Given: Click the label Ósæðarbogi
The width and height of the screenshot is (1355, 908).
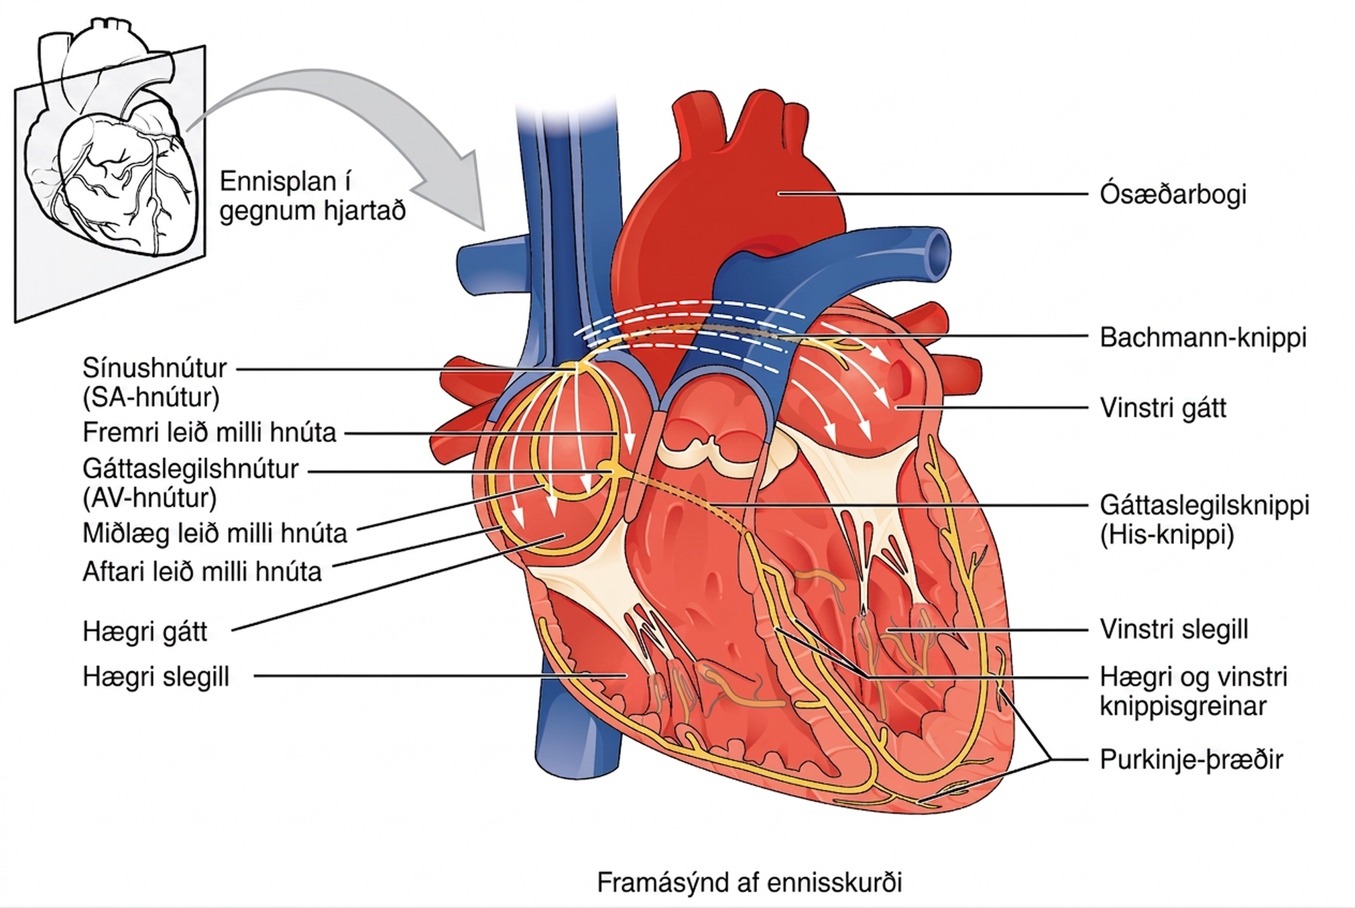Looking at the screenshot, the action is (x=1173, y=194).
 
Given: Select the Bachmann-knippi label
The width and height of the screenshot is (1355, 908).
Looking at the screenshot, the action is (x=1203, y=337).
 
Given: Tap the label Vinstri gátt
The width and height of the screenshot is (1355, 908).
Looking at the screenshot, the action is (x=1163, y=408).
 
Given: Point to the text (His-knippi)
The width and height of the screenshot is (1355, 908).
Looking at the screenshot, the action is (x=1167, y=534).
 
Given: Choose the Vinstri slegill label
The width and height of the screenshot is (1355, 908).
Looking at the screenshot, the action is (x=1174, y=629).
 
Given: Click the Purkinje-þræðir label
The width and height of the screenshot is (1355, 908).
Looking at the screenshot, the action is (x=1191, y=760).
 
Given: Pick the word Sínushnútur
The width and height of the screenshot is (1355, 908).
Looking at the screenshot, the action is (x=155, y=368).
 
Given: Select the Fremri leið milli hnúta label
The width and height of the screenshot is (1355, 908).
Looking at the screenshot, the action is (x=209, y=433).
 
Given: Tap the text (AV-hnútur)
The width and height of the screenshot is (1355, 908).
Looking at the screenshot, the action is (x=150, y=498).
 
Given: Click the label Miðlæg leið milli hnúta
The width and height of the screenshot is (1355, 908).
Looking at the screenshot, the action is (x=215, y=533).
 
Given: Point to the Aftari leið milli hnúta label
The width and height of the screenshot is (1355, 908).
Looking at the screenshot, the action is (x=202, y=571).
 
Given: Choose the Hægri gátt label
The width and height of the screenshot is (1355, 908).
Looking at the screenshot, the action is (x=145, y=631).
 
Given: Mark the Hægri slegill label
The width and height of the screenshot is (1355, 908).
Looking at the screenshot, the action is (x=156, y=677).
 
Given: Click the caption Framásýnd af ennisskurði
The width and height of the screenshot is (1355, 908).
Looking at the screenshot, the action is (x=749, y=882).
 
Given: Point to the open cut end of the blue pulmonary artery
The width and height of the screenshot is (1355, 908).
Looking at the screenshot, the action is (x=937, y=253).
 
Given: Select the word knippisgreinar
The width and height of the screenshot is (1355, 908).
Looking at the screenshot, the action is (x=1183, y=706).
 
